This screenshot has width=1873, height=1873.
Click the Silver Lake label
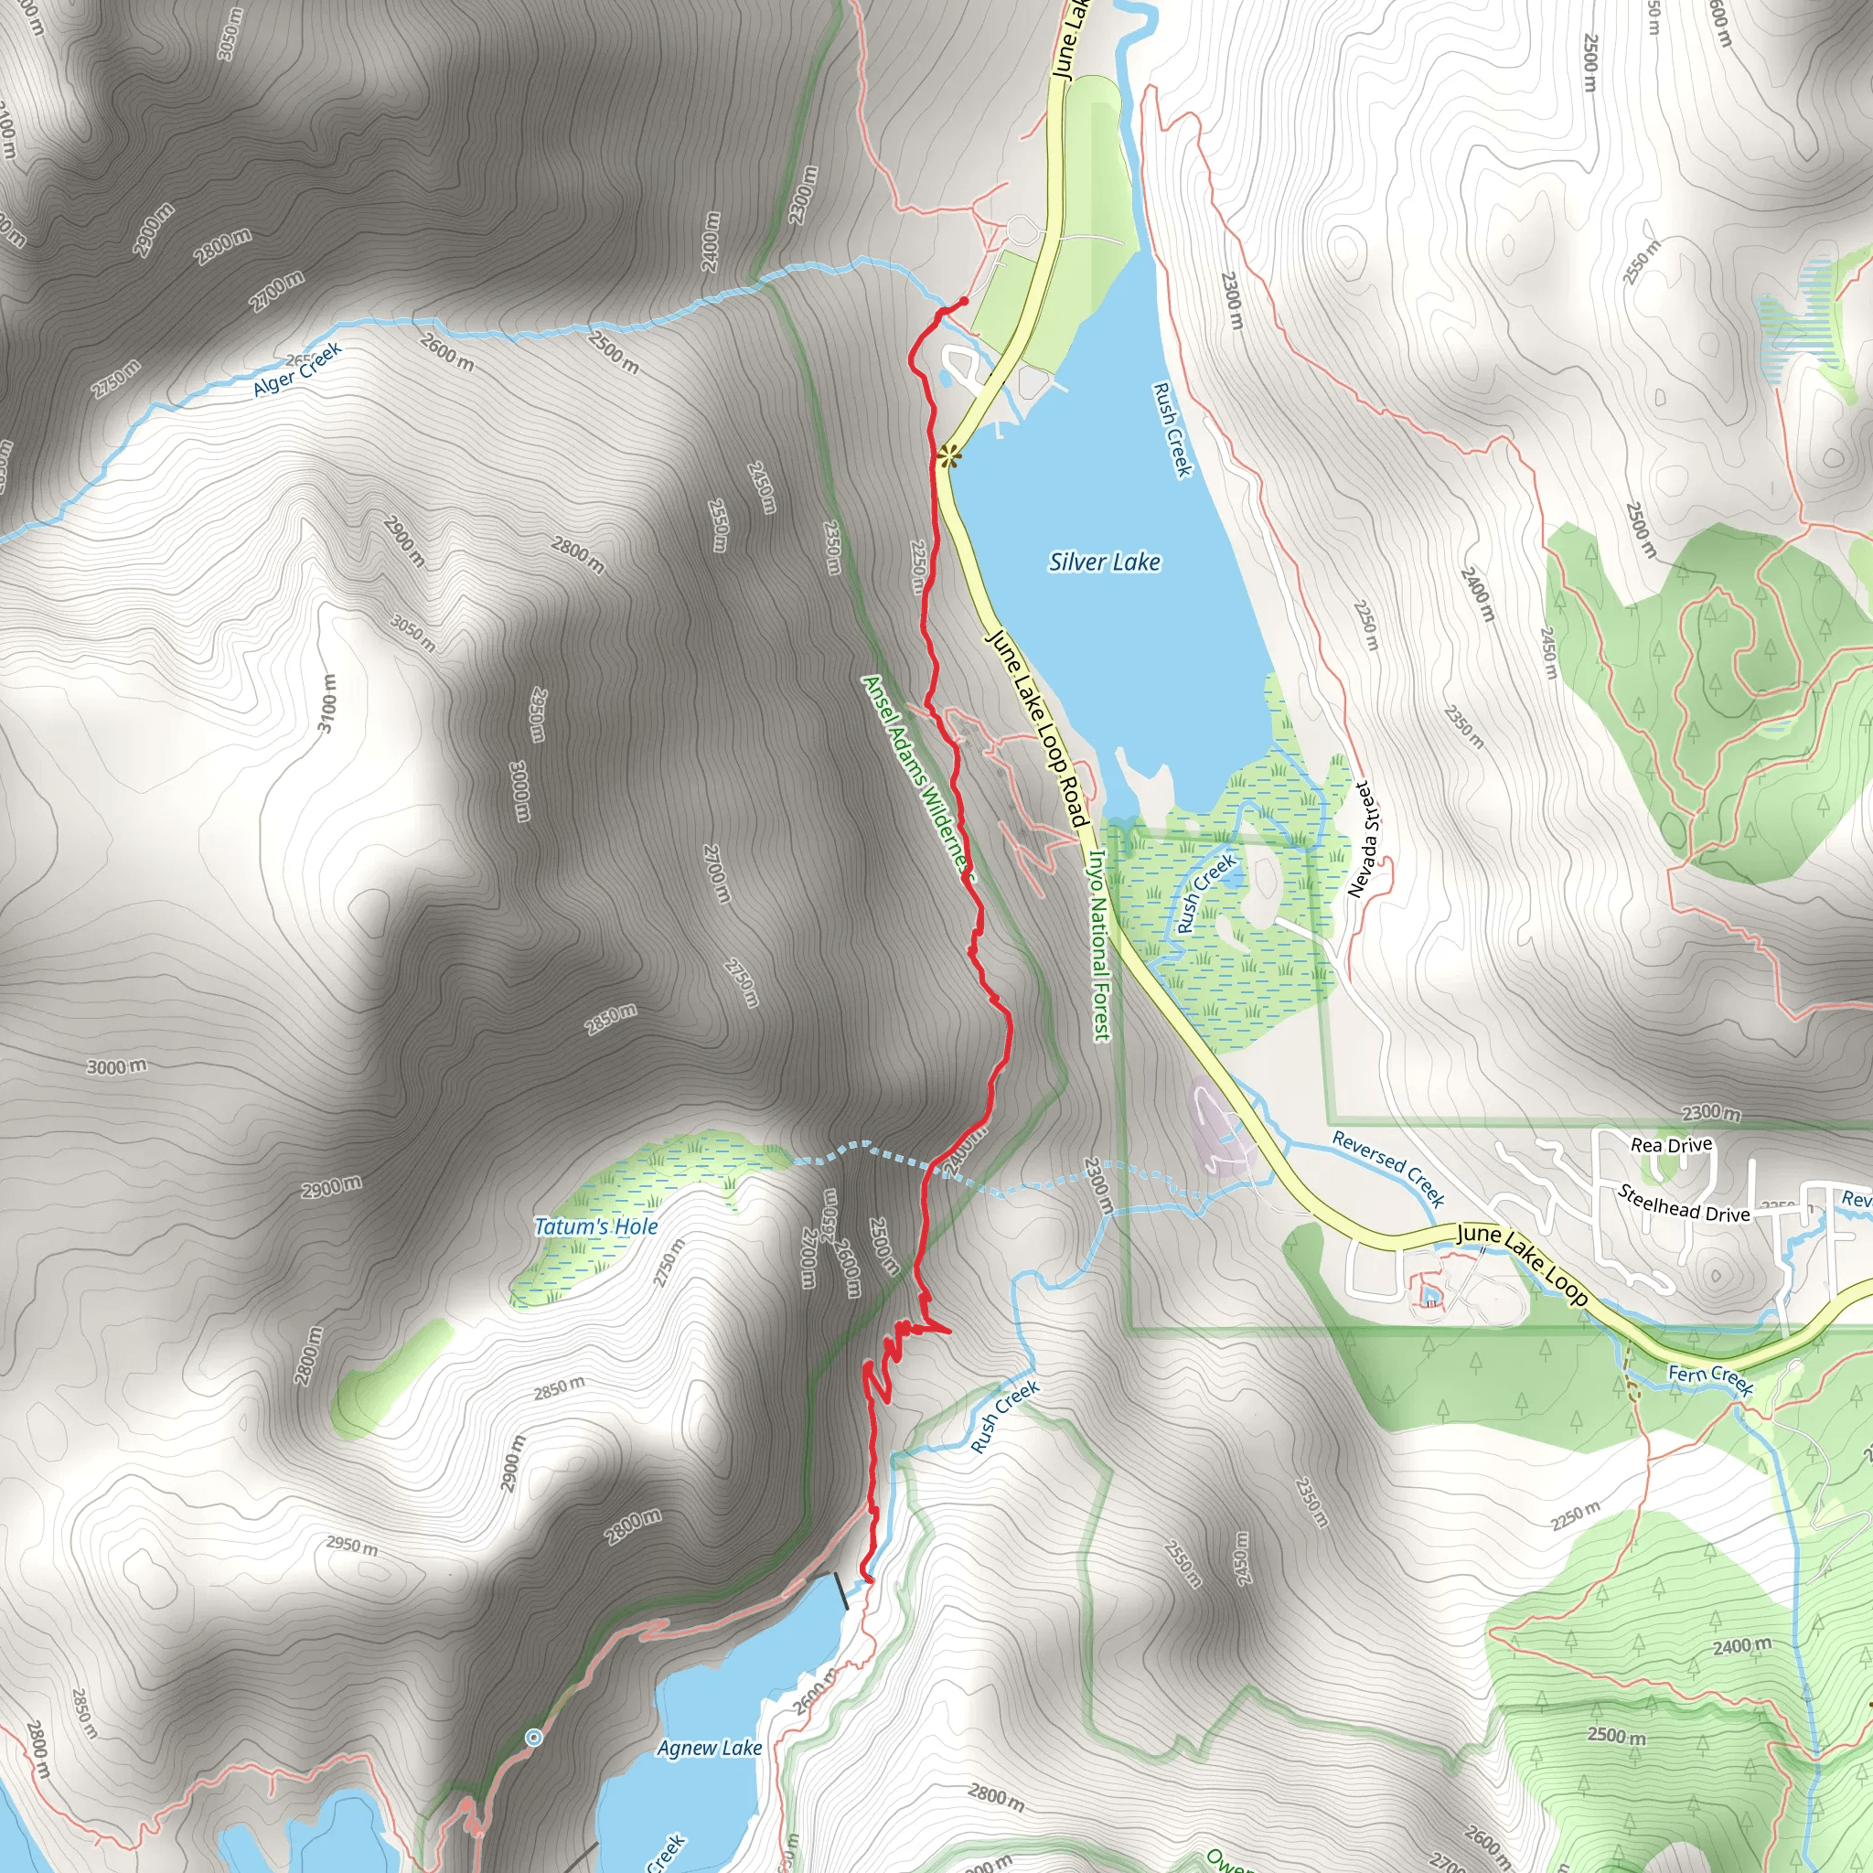click(x=1104, y=562)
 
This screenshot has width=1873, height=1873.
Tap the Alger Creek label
click(x=296, y=369)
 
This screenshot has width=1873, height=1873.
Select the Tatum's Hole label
click(x=596, y=1226)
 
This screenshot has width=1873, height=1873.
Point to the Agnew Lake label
click(x=710, y=1748)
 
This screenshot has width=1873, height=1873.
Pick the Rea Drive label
click(x=1672, y=1145)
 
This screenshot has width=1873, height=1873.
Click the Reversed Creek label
click(x=1388, y=1168)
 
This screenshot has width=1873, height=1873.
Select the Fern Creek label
click(x=1710, y=1378)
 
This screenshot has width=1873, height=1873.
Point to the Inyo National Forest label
click(x=1099, y=946)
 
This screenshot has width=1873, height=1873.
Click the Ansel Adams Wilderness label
click(x=916, y=776)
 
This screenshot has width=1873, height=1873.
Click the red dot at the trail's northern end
click(x=964, y=302)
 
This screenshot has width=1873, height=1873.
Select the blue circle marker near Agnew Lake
click(x=533, y=1738)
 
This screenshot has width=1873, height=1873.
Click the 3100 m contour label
click(x=328, y=703)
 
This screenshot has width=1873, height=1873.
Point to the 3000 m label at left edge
click(x=116, y=1066)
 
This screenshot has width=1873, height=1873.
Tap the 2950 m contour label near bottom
click(x=351, y=1546)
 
